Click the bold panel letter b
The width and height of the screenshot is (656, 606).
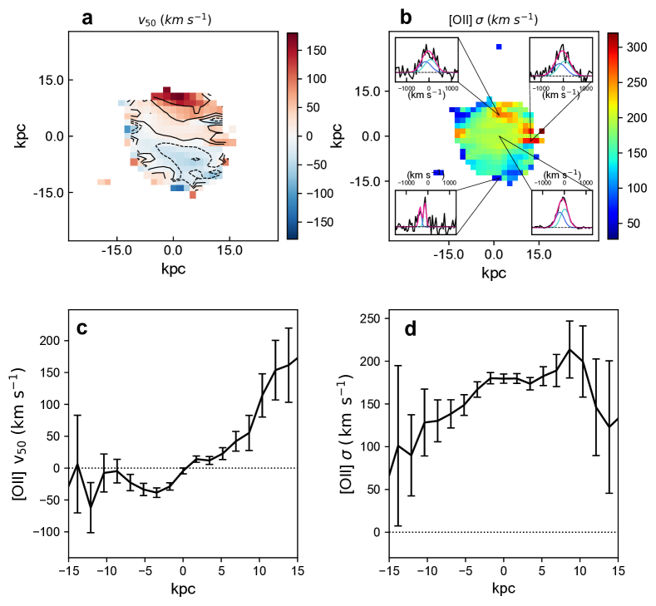407,16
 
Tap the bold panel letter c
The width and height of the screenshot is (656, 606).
82,328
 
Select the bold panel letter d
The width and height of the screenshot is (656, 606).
408,328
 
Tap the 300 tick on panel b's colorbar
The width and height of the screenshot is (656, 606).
636,48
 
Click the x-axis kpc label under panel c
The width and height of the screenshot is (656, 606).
183,590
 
